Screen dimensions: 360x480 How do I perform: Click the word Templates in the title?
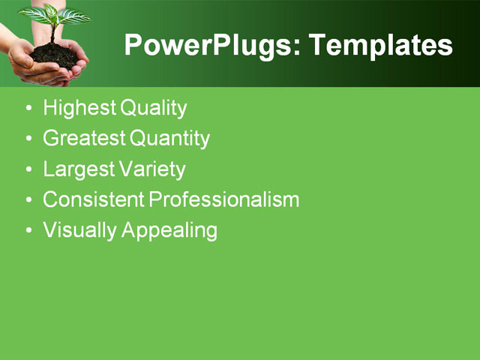coord(381,45)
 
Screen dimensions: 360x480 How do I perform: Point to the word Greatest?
coord(84,139)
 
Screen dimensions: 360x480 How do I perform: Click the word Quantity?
coord(169,139)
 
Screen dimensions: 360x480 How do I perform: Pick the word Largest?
coord(79,169)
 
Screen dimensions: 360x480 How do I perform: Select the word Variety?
coord(151,169)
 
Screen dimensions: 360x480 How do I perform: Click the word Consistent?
coord(94,199)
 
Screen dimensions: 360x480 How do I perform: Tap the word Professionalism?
coord(224,199)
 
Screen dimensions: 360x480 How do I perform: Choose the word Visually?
coord(79,230)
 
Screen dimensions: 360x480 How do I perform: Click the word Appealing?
coord(169,230)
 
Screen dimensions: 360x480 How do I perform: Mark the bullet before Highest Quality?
coord(28,109)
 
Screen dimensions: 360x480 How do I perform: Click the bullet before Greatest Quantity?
coord(28,139)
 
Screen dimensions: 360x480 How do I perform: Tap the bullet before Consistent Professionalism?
coord(28,200)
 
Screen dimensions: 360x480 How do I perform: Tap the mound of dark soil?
coord(55,54)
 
